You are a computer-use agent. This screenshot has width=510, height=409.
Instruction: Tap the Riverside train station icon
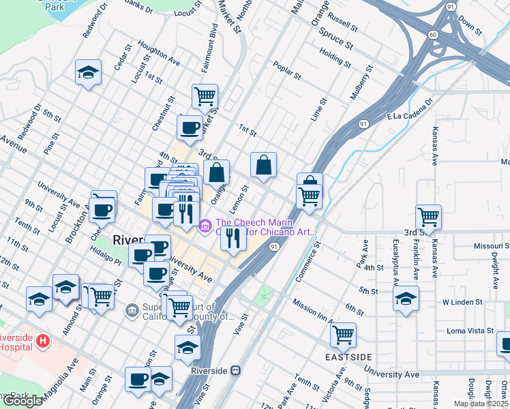235,370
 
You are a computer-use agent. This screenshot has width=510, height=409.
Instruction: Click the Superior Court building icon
132,311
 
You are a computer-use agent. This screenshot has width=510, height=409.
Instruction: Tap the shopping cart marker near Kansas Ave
428,217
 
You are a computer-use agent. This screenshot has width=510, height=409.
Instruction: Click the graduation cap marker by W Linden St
406,299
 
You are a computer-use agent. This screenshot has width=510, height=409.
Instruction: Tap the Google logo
22,401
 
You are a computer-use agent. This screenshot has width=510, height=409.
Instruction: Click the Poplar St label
286,70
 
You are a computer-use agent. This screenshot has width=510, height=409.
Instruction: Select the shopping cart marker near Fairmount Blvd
204,96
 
